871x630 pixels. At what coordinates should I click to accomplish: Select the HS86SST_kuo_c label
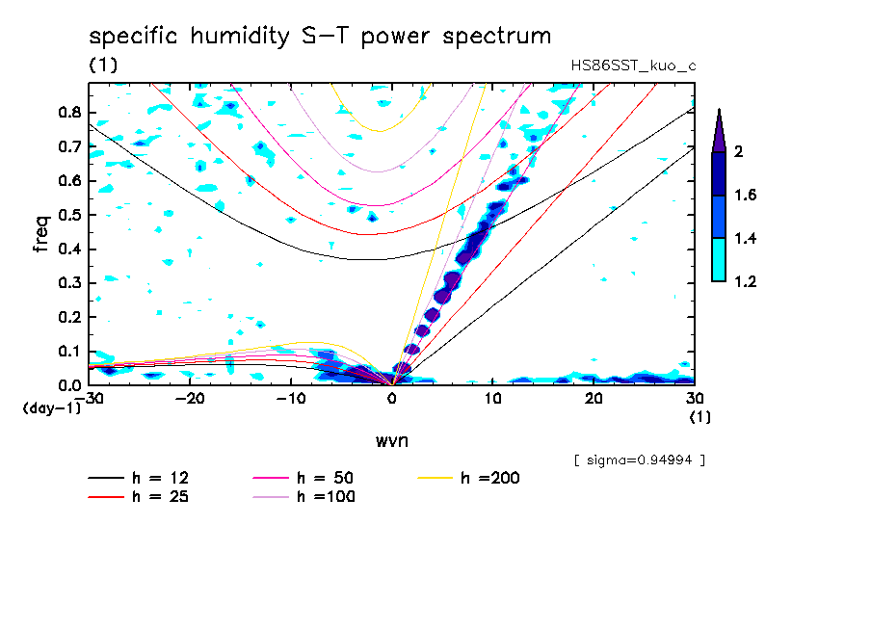(x=633, y=66)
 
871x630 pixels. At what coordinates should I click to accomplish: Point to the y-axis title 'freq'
(x=41, y=234)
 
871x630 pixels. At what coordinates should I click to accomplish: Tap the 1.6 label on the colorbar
(x=746, y=196)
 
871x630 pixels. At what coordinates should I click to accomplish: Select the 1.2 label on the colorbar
(x=746, y=282)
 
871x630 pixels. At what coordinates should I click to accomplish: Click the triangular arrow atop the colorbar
(x=719, y=130)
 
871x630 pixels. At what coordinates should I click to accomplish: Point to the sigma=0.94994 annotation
(x=640, y=460)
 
